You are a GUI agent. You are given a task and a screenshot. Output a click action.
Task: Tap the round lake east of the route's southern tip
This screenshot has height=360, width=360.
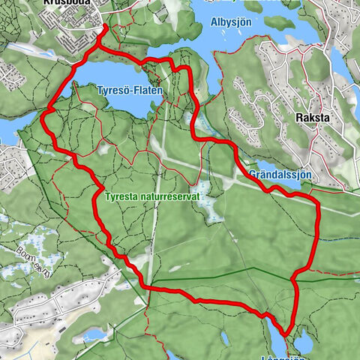click(304, 343)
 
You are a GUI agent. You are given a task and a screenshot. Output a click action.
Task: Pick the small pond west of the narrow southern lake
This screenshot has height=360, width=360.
click(95, 333)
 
